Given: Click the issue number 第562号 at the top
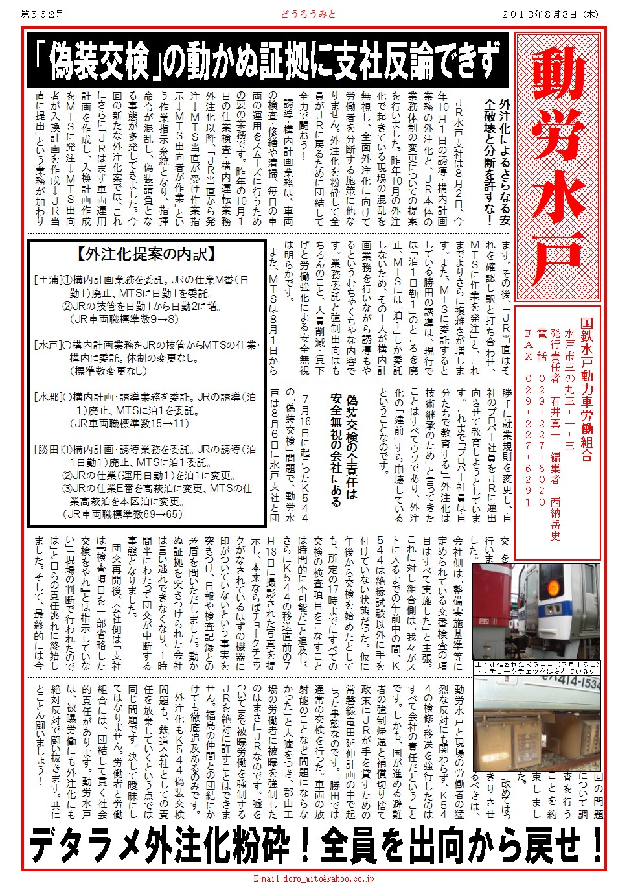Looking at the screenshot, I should (43, 14).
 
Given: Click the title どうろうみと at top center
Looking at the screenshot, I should (308, 14).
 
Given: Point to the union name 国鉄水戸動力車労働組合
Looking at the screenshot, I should (586, 389).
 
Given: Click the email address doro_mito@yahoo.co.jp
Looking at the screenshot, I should (314, 879).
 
